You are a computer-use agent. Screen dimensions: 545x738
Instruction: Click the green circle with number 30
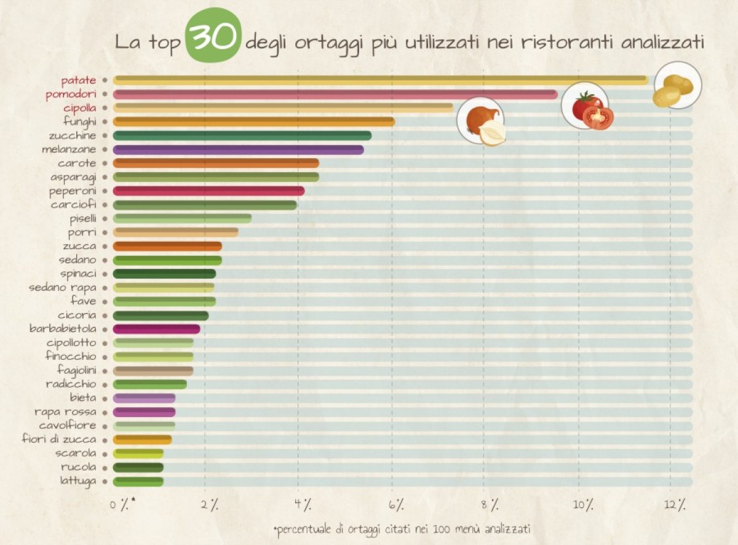tap(213, 36)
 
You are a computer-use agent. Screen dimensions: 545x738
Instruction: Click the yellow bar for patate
tap(380, 80)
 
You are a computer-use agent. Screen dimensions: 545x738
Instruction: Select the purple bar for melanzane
tap(239, 149)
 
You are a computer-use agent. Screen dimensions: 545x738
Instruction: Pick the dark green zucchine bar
tap(242, 135)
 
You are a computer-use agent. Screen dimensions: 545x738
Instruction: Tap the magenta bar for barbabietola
tap(157, 329)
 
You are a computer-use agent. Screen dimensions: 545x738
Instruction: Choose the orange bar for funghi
tap(254, 122)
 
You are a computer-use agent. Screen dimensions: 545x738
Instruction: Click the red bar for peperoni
tap(209, 191)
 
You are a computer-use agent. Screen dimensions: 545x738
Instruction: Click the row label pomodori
tap(71, 95)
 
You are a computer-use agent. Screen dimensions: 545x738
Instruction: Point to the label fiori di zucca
tap(59, 439)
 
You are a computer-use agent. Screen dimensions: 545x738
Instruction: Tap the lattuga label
tap(78, 480)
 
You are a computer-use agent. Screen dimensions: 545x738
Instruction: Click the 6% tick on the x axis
tap(396, 505)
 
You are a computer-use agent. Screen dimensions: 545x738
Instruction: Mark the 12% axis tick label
tap(674, 505)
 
